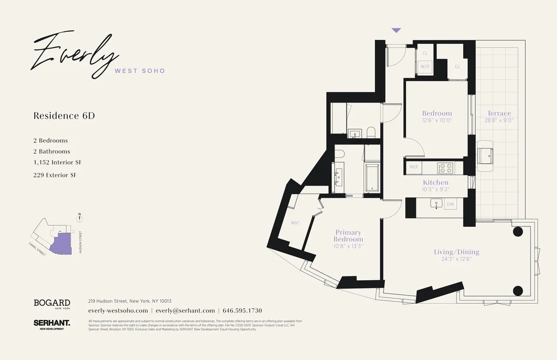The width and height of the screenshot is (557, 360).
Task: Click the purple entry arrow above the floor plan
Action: pyautogui.click(x=396, y=30)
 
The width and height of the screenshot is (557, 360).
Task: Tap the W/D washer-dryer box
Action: pyautogui.click(x=425, y=67)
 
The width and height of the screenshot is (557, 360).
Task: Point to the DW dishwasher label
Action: pyautogui.click(x=450, y=204)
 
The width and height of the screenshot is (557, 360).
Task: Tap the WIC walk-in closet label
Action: pyautogui.click(x=295, y=223)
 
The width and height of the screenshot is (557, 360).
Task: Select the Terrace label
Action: pyautogui.click(x=499, y=113)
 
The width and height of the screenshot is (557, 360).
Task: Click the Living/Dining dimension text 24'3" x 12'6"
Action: pyautogui.click(x=457, y=259)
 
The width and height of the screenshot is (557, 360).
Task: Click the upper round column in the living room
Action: pyautogui.click(x=518, y=232)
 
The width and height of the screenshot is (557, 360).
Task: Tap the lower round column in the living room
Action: pyautogui.click(x=518, y=291)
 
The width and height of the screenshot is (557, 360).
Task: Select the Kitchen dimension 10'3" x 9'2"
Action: pyautogui.click(x=435, y=190)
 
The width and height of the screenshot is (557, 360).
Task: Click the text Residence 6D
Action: pyautogui.click(x=64, y=116)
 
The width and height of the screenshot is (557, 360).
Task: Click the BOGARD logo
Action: pyautogui.click(x=52, y=303)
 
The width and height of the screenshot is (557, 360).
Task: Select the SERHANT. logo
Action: pyautogui.click(x=52, y=324)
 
